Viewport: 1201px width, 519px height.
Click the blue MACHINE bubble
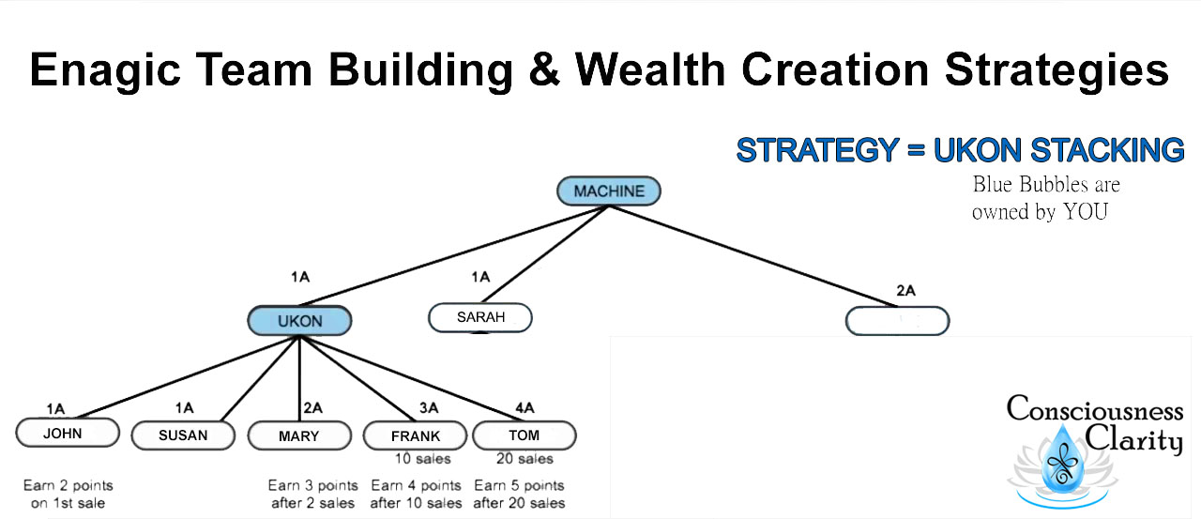click(x=609, y=191)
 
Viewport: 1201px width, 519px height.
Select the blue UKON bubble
click(x=299, y=321)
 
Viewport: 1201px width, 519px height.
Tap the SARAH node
click(x=480, y=317)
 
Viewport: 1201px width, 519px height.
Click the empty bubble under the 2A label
click(x=898, y=321)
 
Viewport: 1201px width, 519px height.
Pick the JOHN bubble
click(x=68, y=433)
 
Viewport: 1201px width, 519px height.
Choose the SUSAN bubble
click(x=183, y=435)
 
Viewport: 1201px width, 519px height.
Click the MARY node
click(x=299, y=435)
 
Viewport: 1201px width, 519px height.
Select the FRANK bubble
click(x=416, y=435)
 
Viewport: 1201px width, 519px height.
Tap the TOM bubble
click(x=524, y=435)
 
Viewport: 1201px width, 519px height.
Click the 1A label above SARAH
click(x=480, y=277)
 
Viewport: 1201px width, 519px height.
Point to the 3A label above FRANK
click(x=429, y=408)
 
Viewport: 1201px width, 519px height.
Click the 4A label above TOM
click(x=524, y=408)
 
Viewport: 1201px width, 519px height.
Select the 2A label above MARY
click(x=313, y=408)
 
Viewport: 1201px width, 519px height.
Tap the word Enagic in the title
click(x=105, y=70)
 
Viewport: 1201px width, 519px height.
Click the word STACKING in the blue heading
click(x=1107, y=149)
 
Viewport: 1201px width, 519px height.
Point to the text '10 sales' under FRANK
click(x=422, y=459)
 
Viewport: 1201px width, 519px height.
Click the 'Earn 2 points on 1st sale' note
click(x=68, y=495)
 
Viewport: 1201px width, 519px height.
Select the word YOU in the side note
click(x=1086, y=212)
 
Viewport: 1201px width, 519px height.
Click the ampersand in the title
click(x=544, y=69)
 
